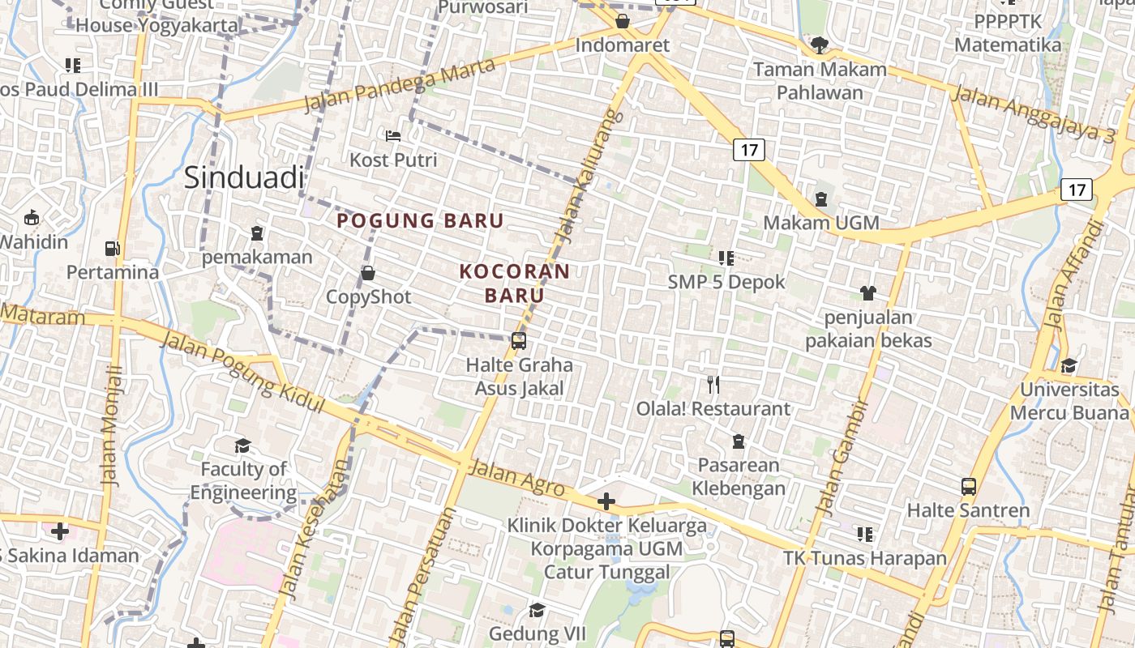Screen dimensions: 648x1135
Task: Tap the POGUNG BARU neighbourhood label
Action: tap(420, 220)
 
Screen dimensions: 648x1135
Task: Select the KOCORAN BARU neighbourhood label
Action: tap(515, 283)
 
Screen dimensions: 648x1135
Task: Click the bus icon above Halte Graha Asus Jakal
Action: tap(519, 341)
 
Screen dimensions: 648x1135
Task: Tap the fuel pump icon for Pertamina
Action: tap(113, 248)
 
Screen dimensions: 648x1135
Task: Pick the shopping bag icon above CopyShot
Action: tap(368, 273)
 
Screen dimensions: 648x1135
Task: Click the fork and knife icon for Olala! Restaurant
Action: tap(713, 385)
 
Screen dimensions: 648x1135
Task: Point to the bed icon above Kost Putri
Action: tap(393, 136)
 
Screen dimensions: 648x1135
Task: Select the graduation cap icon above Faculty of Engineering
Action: tap(242, 446)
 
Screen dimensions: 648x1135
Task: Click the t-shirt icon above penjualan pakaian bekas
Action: tap(868, 292)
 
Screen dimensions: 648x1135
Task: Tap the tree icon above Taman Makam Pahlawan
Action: tap(820, 45)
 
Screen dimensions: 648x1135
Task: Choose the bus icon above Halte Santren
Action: tap(968, 487)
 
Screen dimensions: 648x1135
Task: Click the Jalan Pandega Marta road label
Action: tap(399, 86)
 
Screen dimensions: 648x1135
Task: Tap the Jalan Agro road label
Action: tap(516, 477)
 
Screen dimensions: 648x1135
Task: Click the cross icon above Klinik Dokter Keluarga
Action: tap(606, 501)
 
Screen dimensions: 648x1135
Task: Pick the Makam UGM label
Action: tap(821, 223)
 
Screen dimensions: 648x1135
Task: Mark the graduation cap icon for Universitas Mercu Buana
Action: tap(1069, 365)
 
